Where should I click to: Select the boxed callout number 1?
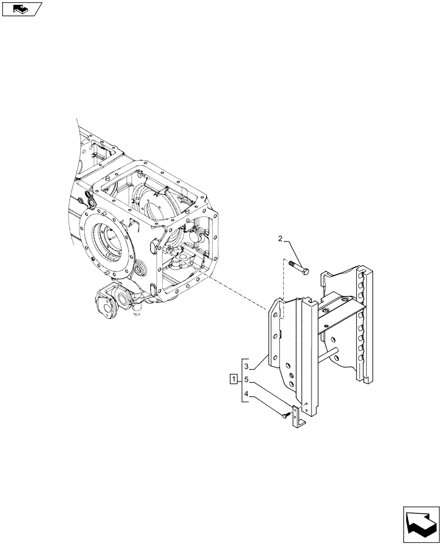[x=234, y=379]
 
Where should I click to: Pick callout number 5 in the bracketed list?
[x=247, y=379]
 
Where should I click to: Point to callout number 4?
[x=247, y=394]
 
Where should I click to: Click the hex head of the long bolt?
[x=304, y=271]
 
